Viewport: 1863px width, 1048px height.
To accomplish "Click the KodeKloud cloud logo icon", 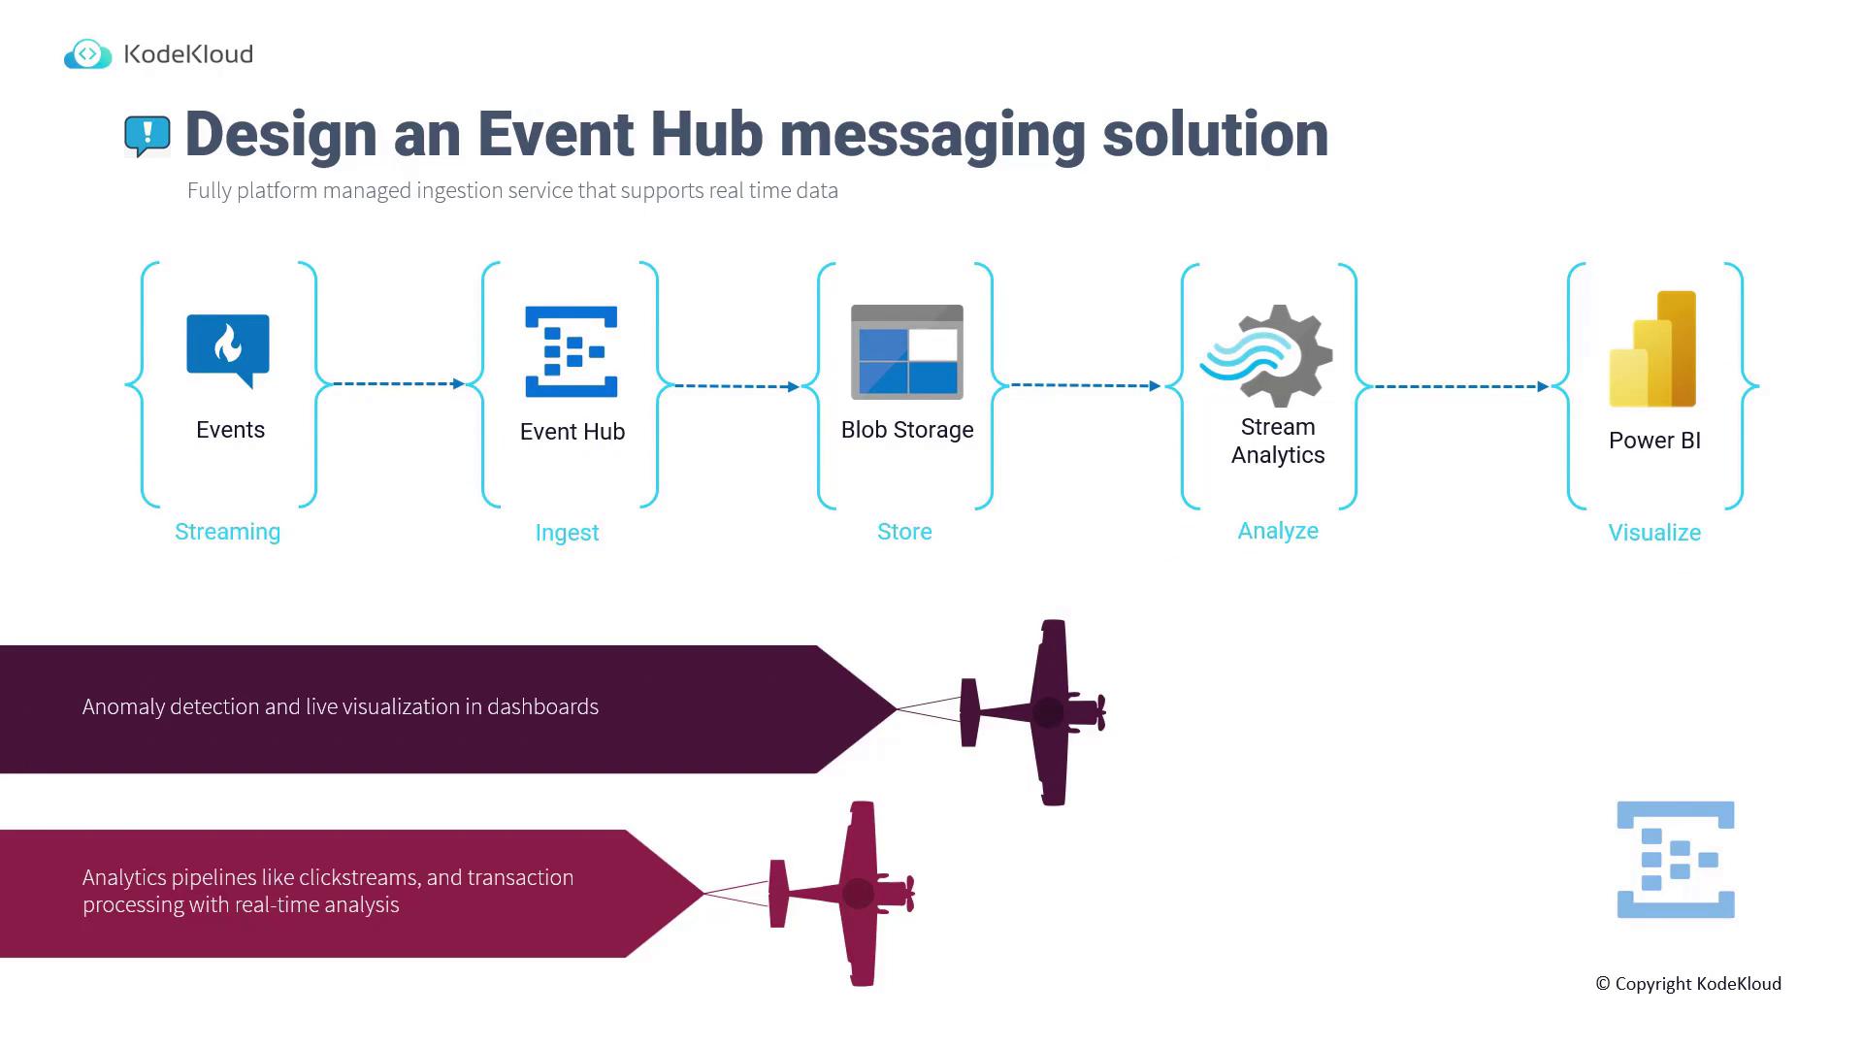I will coord(87,54).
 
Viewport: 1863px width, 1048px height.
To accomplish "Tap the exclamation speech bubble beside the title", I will coord(147,136).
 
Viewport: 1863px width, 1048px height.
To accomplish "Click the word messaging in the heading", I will coord(931,135).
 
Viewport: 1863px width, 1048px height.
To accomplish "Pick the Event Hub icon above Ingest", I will coord(572,352).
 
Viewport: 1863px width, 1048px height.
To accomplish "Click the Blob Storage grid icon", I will coord(907,352).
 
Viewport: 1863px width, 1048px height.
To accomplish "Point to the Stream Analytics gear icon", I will coord(1267,355).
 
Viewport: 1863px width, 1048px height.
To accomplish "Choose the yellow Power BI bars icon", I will coord(1653,349).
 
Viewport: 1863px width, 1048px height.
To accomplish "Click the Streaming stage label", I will coord(227,532).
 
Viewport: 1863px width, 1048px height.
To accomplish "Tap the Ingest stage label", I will coord(567,533).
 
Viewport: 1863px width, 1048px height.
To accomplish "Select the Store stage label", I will coord(904,532).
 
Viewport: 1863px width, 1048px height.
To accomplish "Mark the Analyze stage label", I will coord(1278,531).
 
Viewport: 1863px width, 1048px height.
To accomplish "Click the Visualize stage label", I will coord(1654,533).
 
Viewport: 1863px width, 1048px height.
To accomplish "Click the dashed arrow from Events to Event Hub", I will coord(398,384).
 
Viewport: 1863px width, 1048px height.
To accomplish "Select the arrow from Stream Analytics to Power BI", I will coord(1460,386).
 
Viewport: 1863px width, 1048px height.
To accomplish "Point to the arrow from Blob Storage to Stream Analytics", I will coord(1085,385).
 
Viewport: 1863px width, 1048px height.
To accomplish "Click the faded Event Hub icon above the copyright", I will coord(1676,860).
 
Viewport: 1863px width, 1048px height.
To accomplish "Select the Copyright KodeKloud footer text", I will coord(1688,984).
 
